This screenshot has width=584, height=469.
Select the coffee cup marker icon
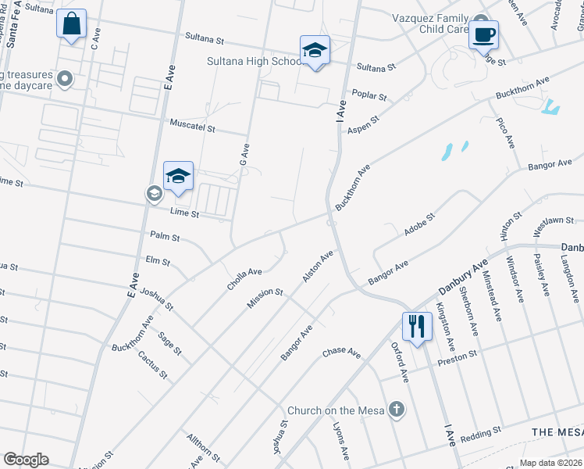coord(483,34)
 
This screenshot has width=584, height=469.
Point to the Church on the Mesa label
coord(337,410)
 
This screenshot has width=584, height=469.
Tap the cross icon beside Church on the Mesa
coord(397,409)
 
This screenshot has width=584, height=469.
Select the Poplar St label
coord(369,95)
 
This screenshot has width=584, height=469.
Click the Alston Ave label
coord(318,267)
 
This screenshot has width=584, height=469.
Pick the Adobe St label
coord(418,224)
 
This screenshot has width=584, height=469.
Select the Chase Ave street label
coord(343,353)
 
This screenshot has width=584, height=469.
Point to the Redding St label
coord(480,432)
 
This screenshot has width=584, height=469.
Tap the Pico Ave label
coord(505,133)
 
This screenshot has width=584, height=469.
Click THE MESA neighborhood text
coord(557,432)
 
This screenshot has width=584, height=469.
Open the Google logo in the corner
coord(26,460)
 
